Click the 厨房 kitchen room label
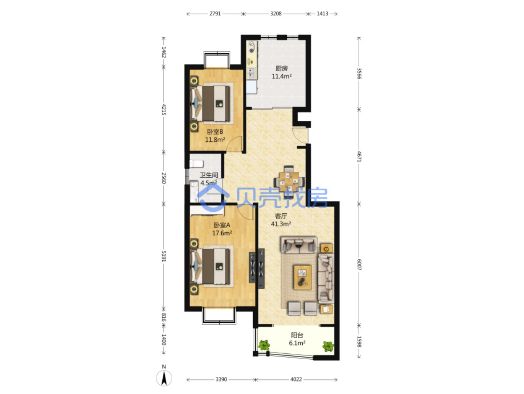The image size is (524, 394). click(x=281, y=69)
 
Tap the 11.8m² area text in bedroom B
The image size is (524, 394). click(x=215, y=140)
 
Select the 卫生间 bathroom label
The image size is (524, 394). click(x=209, y=175)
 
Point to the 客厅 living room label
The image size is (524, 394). click(x=281, y=216)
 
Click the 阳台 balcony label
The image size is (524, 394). click(x=297, y=335)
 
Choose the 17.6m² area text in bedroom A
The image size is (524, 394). click(x=222, y=233)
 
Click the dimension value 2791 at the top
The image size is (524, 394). click(x=215, y=13)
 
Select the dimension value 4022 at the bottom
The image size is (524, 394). click(x=296, y=379)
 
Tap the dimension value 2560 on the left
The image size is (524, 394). click(x=164, y=178)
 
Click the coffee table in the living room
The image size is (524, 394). click(x=303, y=277)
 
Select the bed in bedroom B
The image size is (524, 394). click(x=210, y=103)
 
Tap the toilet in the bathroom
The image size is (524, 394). click(x=196, y=164)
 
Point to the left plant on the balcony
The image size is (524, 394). click(x=264, y=345)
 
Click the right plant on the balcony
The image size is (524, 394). click(x=328, y=346)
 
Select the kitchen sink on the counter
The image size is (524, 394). click(x=252, y=73)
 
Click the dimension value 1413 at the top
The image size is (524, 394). click(x=322, y=13)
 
